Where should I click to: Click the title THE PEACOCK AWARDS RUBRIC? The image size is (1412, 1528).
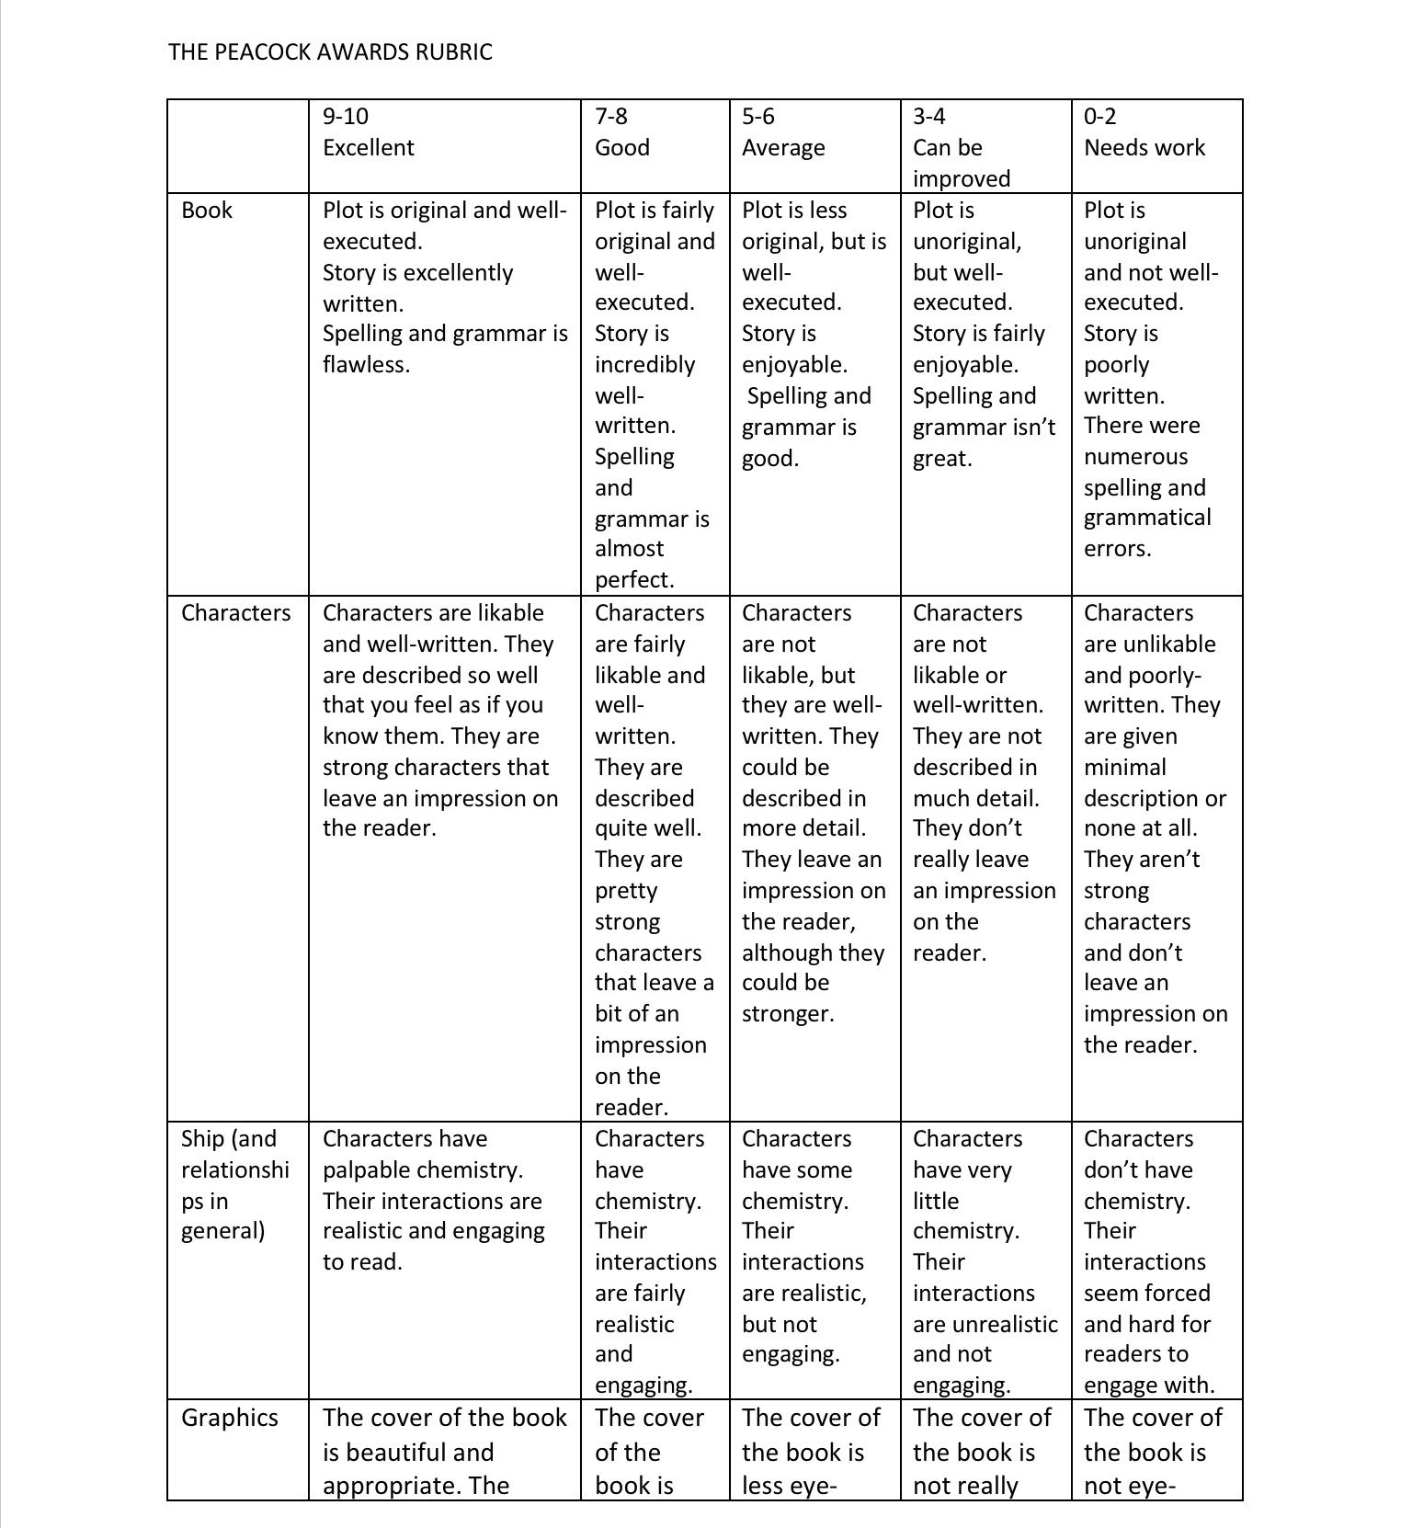click(x=330, y=51)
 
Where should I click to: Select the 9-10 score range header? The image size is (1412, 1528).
click(x=345, y=117)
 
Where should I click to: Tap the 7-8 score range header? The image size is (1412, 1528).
click(x=611, y=117)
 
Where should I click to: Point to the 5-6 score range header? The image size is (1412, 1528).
click(x=758, y=117)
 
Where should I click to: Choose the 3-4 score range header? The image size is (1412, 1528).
click(x=928, y=117)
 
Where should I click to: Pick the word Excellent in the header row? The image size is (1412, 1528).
click(x=368, y=148)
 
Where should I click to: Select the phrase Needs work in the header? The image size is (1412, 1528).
click(x=1144, y=148)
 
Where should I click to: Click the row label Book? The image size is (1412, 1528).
click(x=207, y=211)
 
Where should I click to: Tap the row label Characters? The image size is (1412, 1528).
click(x=235, y=613)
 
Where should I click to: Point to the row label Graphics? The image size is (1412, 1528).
click(x=229, y=1418)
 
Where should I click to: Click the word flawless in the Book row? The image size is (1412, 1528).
click(x=364, y=365)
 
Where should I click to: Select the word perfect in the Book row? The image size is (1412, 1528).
click(x=632, y=580)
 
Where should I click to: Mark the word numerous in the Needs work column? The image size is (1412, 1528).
click(x=1135, y=457)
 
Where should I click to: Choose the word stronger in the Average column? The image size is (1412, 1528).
click(x=786, y=1014)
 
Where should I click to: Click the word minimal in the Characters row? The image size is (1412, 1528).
click(x=1124, y=768)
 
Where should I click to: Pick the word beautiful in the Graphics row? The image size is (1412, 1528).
click(x=420, y=1453)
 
